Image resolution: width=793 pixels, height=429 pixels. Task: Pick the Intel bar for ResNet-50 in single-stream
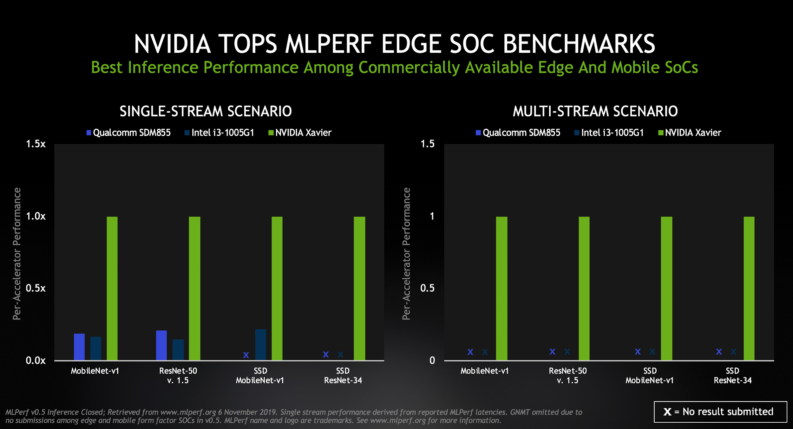tap(178, 349)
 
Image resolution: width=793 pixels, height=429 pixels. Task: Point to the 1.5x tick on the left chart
tap(36, 144)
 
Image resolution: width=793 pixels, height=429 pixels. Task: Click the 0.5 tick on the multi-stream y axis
tap(427, 288)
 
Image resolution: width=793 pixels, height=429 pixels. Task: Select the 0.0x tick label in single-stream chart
tap(36, 361)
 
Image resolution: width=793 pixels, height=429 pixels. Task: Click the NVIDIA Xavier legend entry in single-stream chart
tap(300, 133)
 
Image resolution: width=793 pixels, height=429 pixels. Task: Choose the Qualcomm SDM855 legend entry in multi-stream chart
tap(518, 133)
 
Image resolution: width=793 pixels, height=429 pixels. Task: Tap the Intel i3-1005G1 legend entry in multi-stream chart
tap(609, 133)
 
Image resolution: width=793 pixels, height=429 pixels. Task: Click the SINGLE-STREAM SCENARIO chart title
tap(206, 111)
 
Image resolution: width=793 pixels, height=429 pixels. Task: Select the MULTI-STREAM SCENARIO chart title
tap(595, 111)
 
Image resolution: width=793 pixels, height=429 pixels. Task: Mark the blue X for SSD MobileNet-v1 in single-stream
tap(246, 355)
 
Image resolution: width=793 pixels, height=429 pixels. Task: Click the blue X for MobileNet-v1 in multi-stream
tap(470, 352)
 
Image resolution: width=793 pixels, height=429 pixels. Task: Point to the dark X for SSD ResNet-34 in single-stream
tap(340, 354)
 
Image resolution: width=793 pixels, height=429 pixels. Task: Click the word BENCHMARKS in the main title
tap(579, 44)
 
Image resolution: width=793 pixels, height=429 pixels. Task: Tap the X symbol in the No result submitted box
tap(667, 412)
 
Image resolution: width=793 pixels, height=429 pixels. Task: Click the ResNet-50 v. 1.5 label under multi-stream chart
tap(568, 375)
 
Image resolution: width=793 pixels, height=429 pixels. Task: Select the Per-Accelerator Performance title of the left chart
tap(17, 254)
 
